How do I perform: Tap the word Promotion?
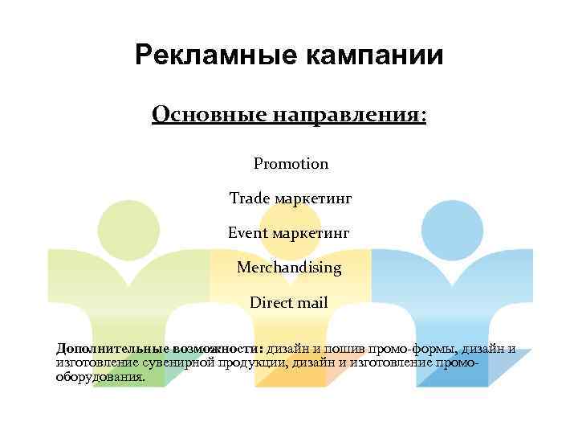[291, 164]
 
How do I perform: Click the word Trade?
[249, 198]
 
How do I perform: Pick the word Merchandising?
[289, 267]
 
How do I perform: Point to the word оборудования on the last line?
[100, 376]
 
